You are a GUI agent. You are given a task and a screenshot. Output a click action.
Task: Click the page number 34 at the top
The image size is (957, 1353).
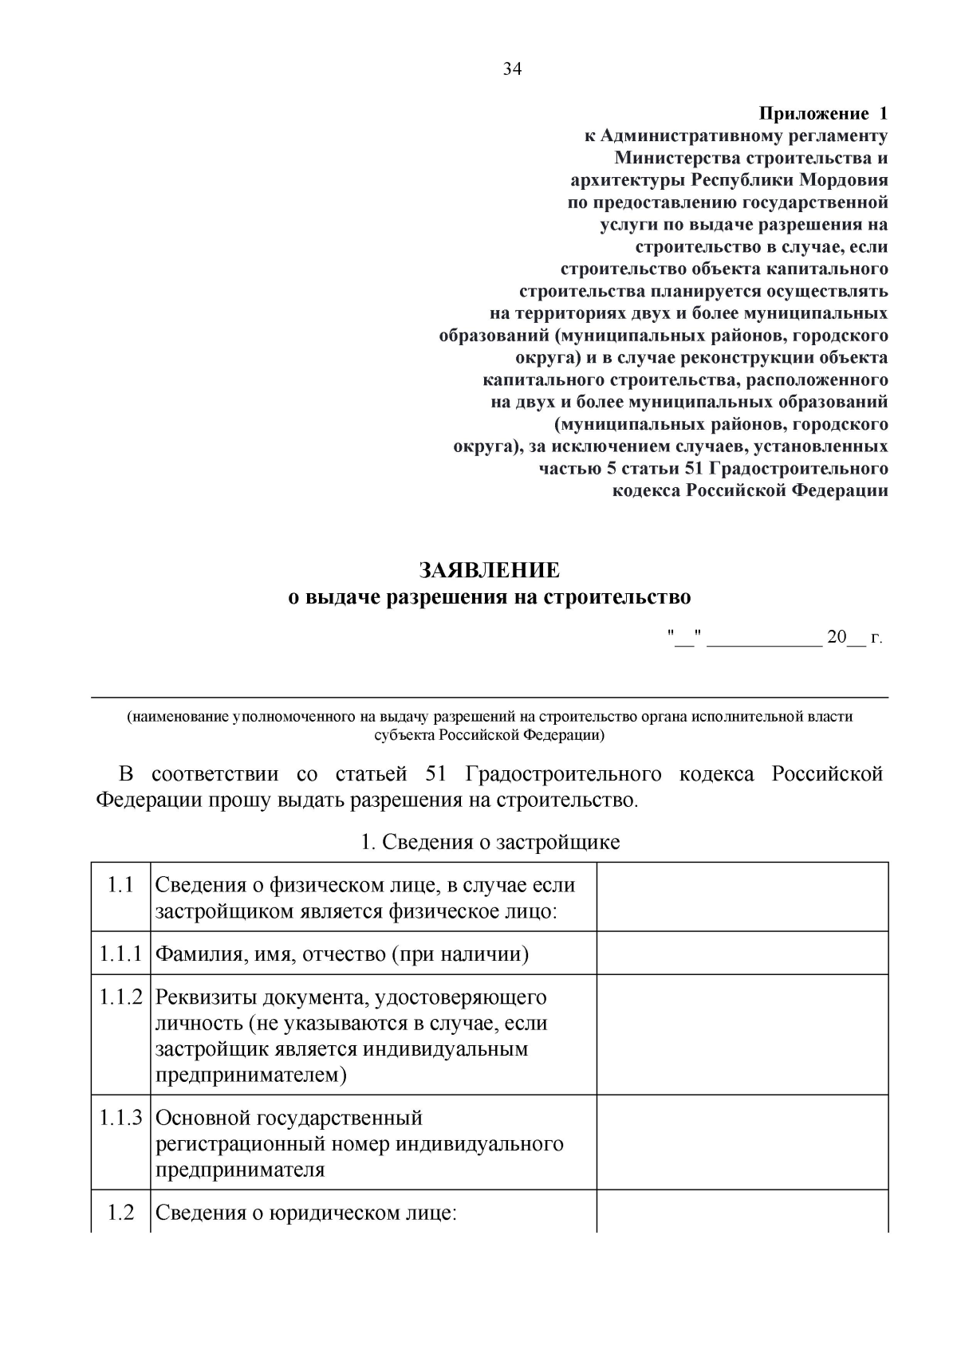(512, 69)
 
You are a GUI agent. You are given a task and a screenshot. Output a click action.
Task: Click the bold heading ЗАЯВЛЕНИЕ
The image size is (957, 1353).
(490, 571)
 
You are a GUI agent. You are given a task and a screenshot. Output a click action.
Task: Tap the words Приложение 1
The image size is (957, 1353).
(822, 113)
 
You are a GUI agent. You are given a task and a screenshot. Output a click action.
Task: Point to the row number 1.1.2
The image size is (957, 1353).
(120, 997)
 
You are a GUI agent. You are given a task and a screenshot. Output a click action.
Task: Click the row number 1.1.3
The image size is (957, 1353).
(120, 1118)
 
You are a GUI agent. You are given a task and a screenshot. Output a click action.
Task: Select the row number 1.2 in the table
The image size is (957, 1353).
(120, 1213)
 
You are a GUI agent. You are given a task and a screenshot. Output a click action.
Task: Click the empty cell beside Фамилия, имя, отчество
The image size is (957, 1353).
(742, 953)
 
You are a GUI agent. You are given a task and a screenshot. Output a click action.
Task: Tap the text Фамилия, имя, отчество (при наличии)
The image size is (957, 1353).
(341, 954)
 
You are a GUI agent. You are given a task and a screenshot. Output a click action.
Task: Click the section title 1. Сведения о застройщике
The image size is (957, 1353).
(490, 842)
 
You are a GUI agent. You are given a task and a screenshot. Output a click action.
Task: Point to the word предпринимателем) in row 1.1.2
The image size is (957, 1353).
(251, 1076)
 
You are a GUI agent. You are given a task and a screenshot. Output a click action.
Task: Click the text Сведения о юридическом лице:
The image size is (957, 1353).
(305, 1213)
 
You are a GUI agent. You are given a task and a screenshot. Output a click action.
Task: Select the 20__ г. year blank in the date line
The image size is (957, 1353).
(854, 637)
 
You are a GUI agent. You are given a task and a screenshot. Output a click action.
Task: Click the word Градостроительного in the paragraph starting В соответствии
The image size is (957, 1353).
(563, 774)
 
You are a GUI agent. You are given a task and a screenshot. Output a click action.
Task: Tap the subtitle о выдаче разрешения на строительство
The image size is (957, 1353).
(490, 597)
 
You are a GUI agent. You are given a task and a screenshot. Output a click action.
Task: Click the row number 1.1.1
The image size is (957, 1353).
(120, 954)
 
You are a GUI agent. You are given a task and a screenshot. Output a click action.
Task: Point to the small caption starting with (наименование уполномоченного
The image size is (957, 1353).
(490, 726)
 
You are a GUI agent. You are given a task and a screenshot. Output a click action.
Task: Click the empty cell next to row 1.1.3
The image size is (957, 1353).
(742, 1143)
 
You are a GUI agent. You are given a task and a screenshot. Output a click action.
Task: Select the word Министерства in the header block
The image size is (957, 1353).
(676, 158)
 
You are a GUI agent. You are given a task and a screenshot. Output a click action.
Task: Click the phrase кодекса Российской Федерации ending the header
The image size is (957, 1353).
(750, 490)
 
